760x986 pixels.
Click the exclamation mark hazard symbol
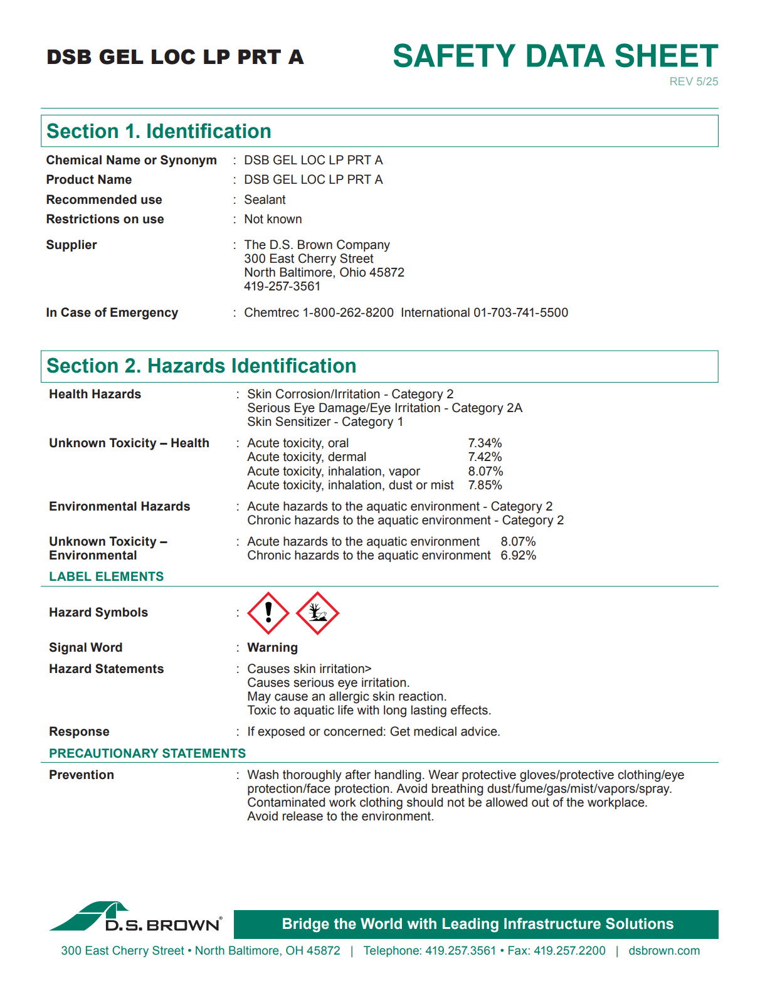point(268,613)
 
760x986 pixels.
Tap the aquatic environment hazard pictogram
point(317,613)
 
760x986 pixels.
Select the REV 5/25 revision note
point(694,82)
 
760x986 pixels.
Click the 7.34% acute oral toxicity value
point(485,443)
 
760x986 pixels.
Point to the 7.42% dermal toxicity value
point(485,457)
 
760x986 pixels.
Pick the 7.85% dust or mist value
point(485,485)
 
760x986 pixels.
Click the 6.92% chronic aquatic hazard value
point(518,555)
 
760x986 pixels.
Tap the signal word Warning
point(272,647)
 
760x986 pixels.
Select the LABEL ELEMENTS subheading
point(107,576)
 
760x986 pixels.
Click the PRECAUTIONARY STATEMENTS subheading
point(147,753)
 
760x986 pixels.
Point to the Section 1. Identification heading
point(159,131)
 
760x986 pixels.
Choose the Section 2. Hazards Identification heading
point(201,366)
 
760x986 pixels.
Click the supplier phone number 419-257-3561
point(282,286)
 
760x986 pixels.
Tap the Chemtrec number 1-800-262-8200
point(348,312)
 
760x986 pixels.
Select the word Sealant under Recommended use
point(265,199)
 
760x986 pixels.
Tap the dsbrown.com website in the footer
point(664,950)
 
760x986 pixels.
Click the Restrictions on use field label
point(105,219)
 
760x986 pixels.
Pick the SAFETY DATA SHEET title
point(555,56)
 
